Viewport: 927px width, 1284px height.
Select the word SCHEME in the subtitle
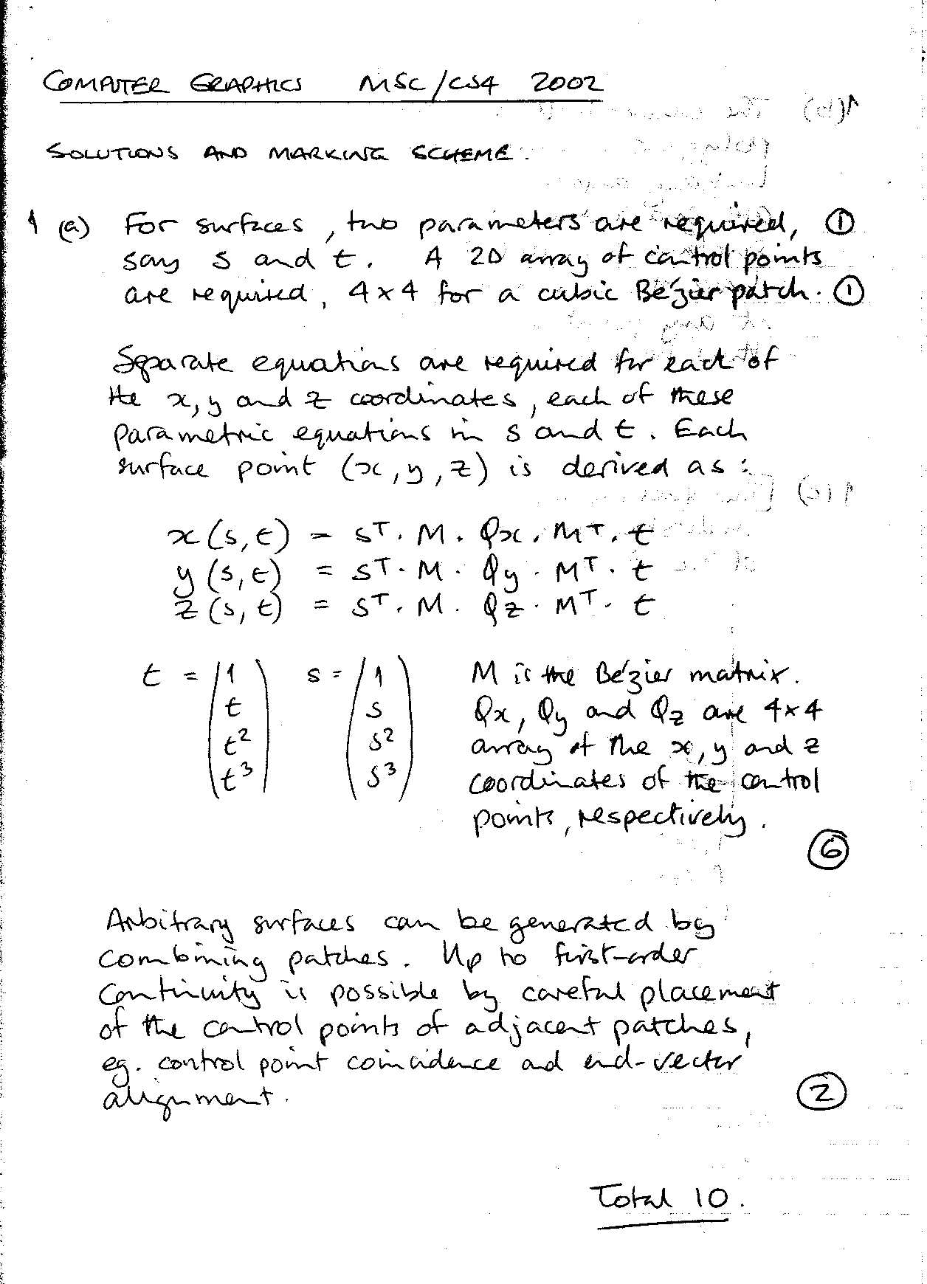tap(460, 153)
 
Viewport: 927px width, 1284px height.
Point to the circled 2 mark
tap(821, 1094)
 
